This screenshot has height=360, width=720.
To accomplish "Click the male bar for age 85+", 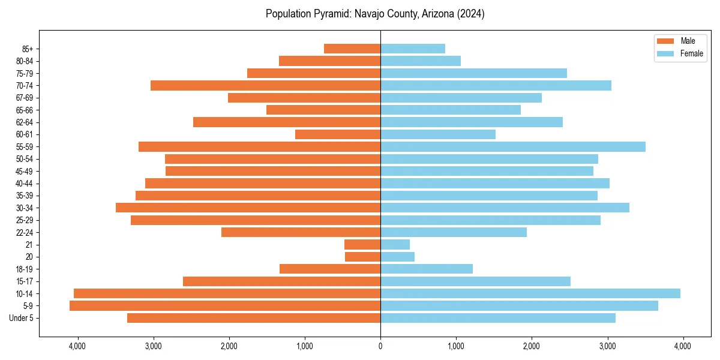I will tap(352, 49).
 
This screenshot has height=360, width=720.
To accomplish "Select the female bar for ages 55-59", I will tap(513, 146).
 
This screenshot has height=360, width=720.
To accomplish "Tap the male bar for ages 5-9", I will tap(225, 305).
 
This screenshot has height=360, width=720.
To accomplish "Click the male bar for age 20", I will tap(362, 257).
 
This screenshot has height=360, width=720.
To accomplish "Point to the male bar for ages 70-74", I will tap(265, 85).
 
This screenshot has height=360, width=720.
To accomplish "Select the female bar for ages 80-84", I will tap(421, 61).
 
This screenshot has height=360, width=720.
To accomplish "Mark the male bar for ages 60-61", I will tap(338, 134).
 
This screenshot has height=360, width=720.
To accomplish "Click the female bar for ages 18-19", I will tap(427, 269).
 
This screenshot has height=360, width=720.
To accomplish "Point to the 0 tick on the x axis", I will tap(380, 346).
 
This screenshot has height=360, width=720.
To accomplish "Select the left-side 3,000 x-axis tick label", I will tap(153, 346).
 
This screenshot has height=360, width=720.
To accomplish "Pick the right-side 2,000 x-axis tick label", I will tap(532, 346).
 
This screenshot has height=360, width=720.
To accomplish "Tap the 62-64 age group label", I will tap(25, 122).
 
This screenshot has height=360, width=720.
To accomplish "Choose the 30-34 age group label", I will tap(25, 208).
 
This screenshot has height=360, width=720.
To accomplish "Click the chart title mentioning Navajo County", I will tap(375, 14).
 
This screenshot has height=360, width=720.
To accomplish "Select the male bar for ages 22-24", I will tap(301, 232).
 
